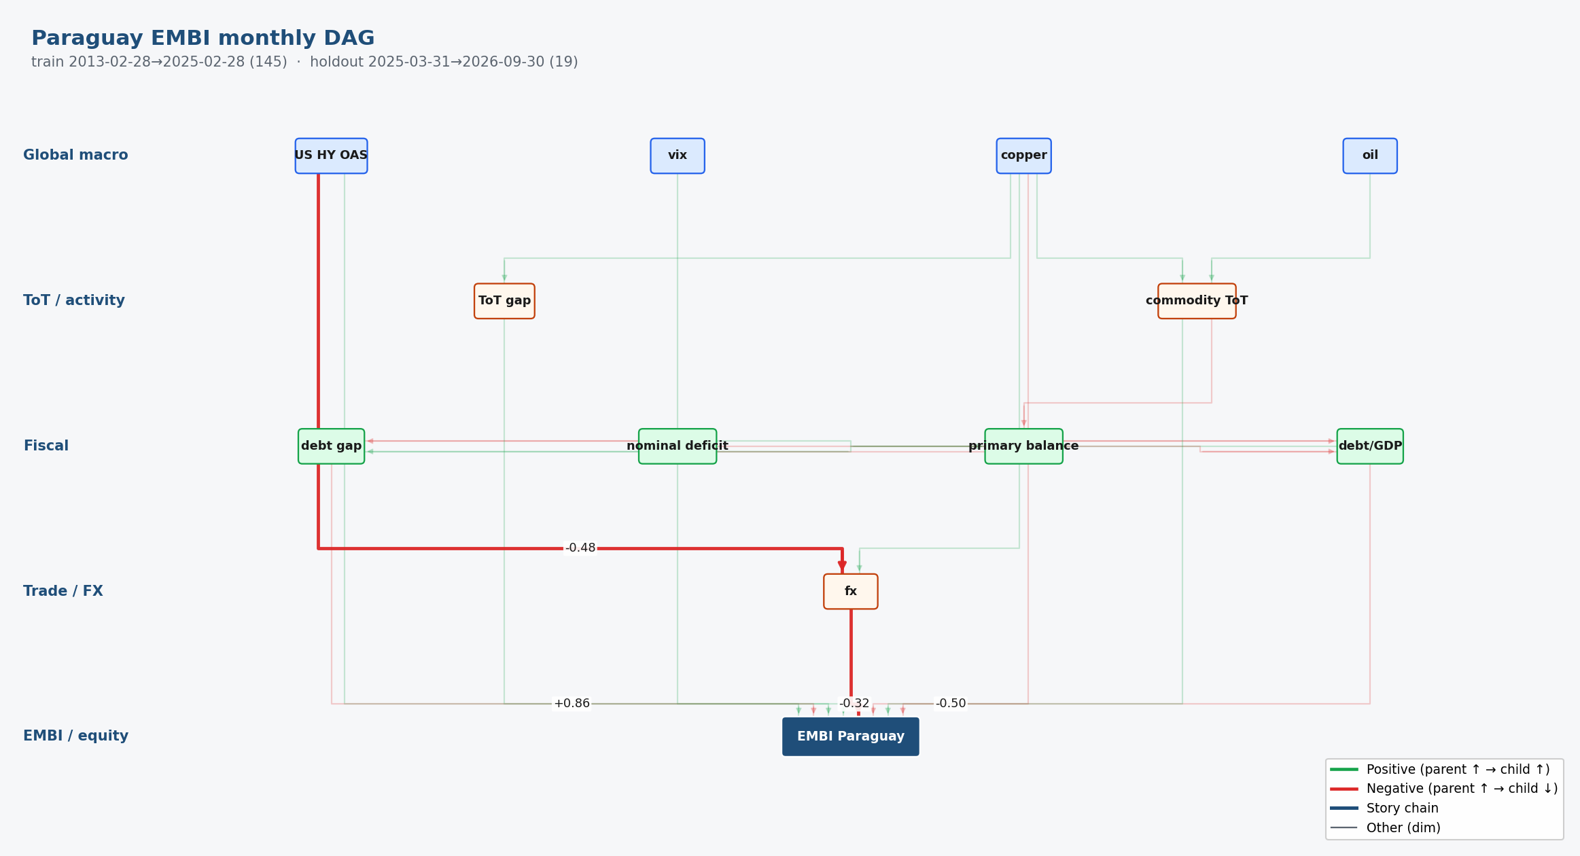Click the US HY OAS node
click(x=331, y=156)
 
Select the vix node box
click(x=678, y=156)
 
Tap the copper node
click(x=1023, y=156)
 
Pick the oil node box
click(x=1370, y=156)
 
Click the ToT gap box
click(x=504, y=301)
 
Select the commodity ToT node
click(x=1197, y=301)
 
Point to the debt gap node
click(x=331, y=446)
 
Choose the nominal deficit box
click(x=678, y=446)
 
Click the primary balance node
click(x=1023, y=446)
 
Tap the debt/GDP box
click(x=1370, y=446)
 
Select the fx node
click(x=851, y=592)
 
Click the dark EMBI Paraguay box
click(x=851, y=736)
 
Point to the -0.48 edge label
click(x=580, y=548)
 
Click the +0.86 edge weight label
click(x=572, y=704)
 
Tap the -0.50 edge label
click(x=951, y=704)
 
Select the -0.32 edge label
click(x=854, y=704)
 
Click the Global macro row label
click(x=75, y=156)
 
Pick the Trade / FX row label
click(x=63, y=592)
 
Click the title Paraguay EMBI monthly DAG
click(x=203, y=39)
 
